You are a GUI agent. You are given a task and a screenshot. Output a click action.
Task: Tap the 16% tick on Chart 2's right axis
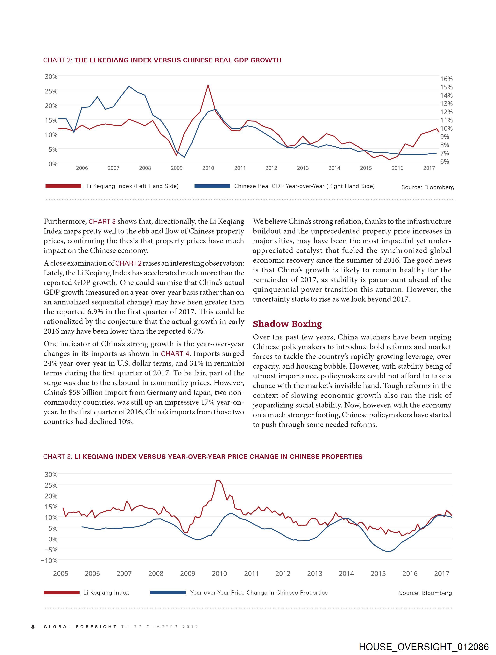446,79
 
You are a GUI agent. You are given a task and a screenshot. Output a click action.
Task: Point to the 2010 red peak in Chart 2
208,85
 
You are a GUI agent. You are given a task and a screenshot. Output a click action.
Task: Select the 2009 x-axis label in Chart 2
177,168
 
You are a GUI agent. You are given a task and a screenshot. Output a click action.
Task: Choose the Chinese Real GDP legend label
304,186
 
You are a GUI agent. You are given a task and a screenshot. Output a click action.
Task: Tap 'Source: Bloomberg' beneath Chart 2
428,187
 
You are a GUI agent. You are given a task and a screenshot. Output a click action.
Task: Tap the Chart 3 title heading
203,457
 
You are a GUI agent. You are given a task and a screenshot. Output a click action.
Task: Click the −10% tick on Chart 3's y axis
49,561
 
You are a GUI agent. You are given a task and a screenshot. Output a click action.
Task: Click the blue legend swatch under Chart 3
168,593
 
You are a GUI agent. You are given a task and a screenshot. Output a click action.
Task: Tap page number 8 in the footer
33,627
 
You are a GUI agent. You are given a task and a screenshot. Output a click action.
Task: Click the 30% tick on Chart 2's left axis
51,77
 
